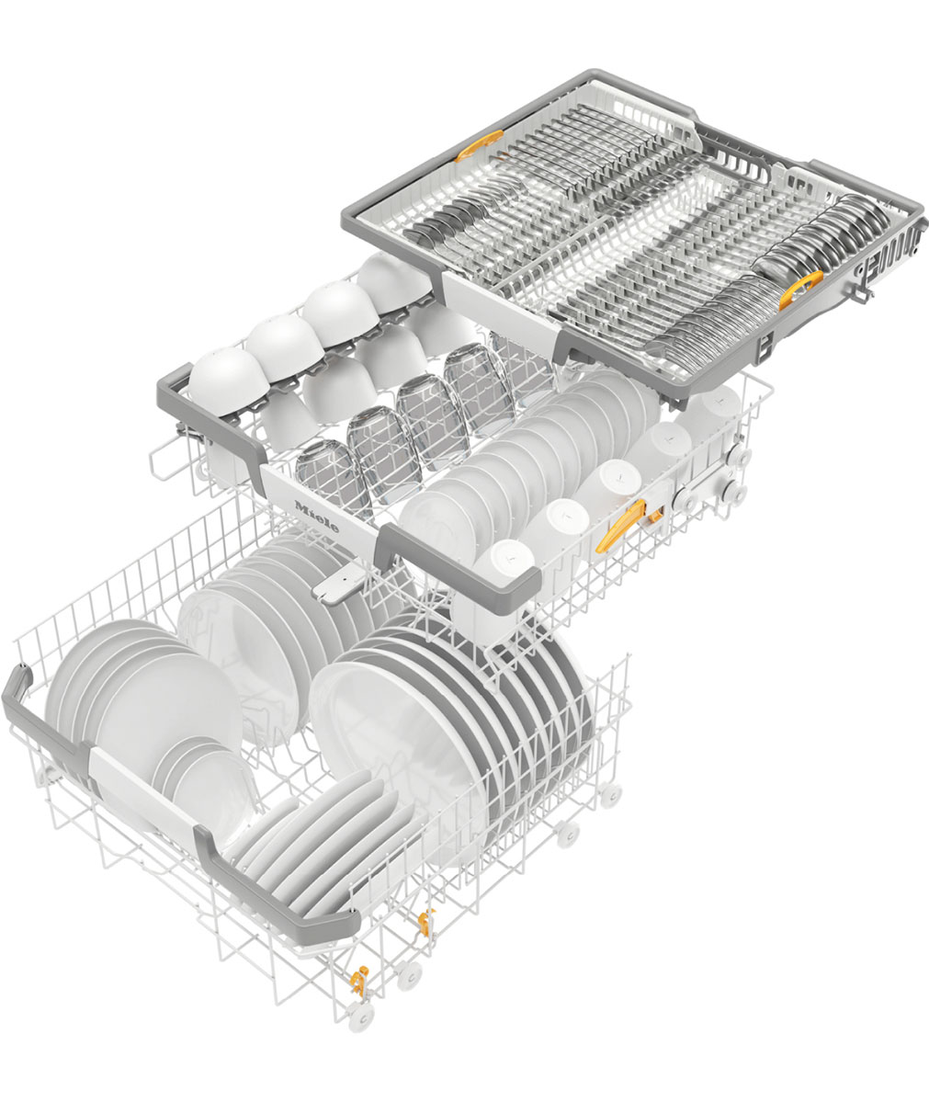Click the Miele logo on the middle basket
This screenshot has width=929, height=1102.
point(316,517)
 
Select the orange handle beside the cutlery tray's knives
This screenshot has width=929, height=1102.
point(800,289)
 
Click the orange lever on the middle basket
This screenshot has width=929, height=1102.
point(619,525)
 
